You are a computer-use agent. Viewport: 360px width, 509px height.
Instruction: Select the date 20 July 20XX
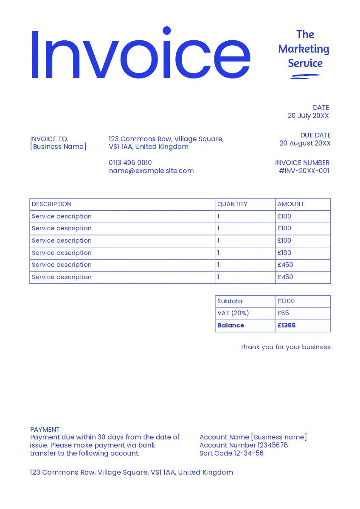pyautogui.click(x=308, y=116)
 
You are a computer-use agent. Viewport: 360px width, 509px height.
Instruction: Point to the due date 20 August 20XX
pyautogui.click(x=305, y=143)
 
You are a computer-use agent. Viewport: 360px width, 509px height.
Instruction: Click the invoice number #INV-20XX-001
pyautogui.click(x=304, y=171)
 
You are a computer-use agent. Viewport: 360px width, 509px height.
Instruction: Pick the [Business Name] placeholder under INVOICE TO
pyautogui.click(x=58, y=147)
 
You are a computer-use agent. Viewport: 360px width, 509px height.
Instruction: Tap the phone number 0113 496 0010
pyautogui.click(x=130, y=163)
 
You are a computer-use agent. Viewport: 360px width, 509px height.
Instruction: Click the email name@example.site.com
pyautogui.click(x=151, y=171)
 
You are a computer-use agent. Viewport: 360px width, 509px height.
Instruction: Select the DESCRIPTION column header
pyautogui.click(x=51, y=204)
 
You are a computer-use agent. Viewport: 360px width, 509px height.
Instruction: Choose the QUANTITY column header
pyautogui.click(x=232, y=204)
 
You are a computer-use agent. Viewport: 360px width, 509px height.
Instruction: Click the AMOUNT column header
pyautogui.click(x=291, y=204)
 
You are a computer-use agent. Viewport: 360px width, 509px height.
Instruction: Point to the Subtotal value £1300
pyautogui.click(x=286, y=301)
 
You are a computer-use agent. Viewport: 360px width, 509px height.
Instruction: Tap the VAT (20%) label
pyautogui.click(x=233, y=313)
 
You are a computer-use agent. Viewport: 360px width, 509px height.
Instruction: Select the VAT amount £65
pyautogui.click(x=283, y=313)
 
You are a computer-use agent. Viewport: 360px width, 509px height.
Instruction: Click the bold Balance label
pyautogui.click(x=231, y=326)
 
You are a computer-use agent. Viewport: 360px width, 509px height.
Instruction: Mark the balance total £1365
pyautogui.click(x=287, y=326)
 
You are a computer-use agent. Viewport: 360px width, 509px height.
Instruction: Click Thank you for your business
pyautogui.click(x=285, y=347)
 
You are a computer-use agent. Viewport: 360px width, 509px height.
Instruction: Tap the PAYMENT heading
pyautogui.click(x=45, y=430)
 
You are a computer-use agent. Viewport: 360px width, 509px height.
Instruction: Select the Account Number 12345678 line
pyautogui.click(x=244, y=445)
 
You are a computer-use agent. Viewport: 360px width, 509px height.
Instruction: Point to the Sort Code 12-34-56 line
pyautogui.click(x=231, y=453)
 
